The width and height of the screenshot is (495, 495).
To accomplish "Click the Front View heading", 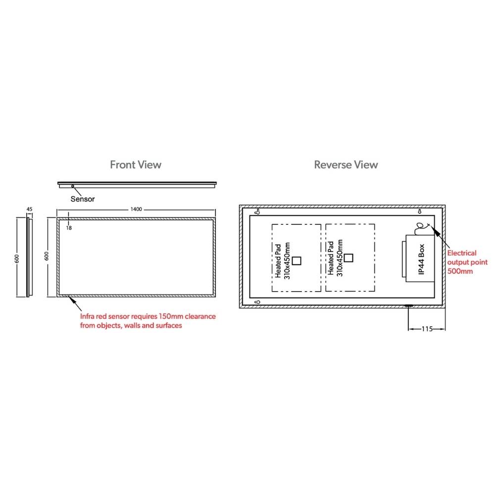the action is [136, 164].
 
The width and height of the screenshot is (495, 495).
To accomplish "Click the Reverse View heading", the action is [346, 164].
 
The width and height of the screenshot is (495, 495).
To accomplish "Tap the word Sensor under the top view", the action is [82, 199].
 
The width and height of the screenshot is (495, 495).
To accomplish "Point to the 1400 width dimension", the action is [136, 209].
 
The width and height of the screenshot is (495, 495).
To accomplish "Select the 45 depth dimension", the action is [29, 209].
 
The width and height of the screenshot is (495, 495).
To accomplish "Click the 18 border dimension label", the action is [69, 228].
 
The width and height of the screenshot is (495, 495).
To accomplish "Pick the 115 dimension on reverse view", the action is [427, 329].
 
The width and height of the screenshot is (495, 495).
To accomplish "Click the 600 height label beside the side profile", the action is [17, 258].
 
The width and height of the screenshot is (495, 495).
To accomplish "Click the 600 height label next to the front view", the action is [47, 256].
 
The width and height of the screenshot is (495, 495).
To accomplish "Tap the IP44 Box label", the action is [421, 259].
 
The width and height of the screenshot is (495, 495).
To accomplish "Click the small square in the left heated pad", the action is [297, 261].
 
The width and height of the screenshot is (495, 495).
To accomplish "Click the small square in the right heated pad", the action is [348, 258].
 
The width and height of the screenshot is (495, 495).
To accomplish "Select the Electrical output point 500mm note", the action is [467, 262].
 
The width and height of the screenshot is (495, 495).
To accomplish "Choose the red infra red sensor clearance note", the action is [148, 321].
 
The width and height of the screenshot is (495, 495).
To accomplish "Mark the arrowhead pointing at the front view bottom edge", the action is [72, 299].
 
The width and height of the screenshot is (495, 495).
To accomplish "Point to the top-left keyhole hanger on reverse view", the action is [257, 211].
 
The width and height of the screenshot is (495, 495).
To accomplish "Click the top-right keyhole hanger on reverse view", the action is [420, 211].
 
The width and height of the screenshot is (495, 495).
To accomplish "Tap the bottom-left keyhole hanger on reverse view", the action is [257, 302].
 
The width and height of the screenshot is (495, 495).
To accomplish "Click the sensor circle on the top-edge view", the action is [73, 186].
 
